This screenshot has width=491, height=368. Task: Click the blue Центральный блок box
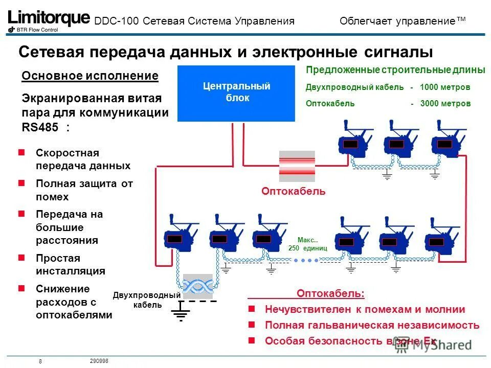pos(236,93)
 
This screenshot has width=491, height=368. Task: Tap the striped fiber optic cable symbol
pos(297,166)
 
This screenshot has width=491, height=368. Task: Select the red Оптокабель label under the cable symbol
pos(293,191)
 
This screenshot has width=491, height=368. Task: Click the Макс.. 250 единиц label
pos(307,243)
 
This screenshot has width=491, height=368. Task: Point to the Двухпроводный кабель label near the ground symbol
pos(147,301)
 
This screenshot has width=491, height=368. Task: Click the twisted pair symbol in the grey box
pos(197,286)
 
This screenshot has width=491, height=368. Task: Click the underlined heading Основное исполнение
pos(90,76)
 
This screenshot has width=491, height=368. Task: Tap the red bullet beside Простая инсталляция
pos(21,258)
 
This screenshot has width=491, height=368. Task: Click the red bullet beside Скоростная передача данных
pos(21,152)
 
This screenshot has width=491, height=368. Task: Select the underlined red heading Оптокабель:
pos(331,293)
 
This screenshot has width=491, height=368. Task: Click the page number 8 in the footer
pos(40,362)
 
